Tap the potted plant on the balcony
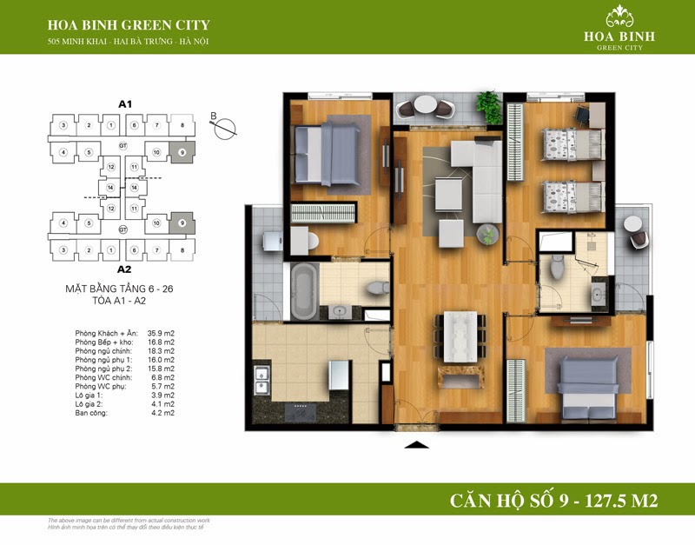(487, 103)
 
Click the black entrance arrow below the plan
(418, 445)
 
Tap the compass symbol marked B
(225, 124)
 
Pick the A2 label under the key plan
(123, 269)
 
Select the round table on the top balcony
(425, 106)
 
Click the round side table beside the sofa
(487, 232)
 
